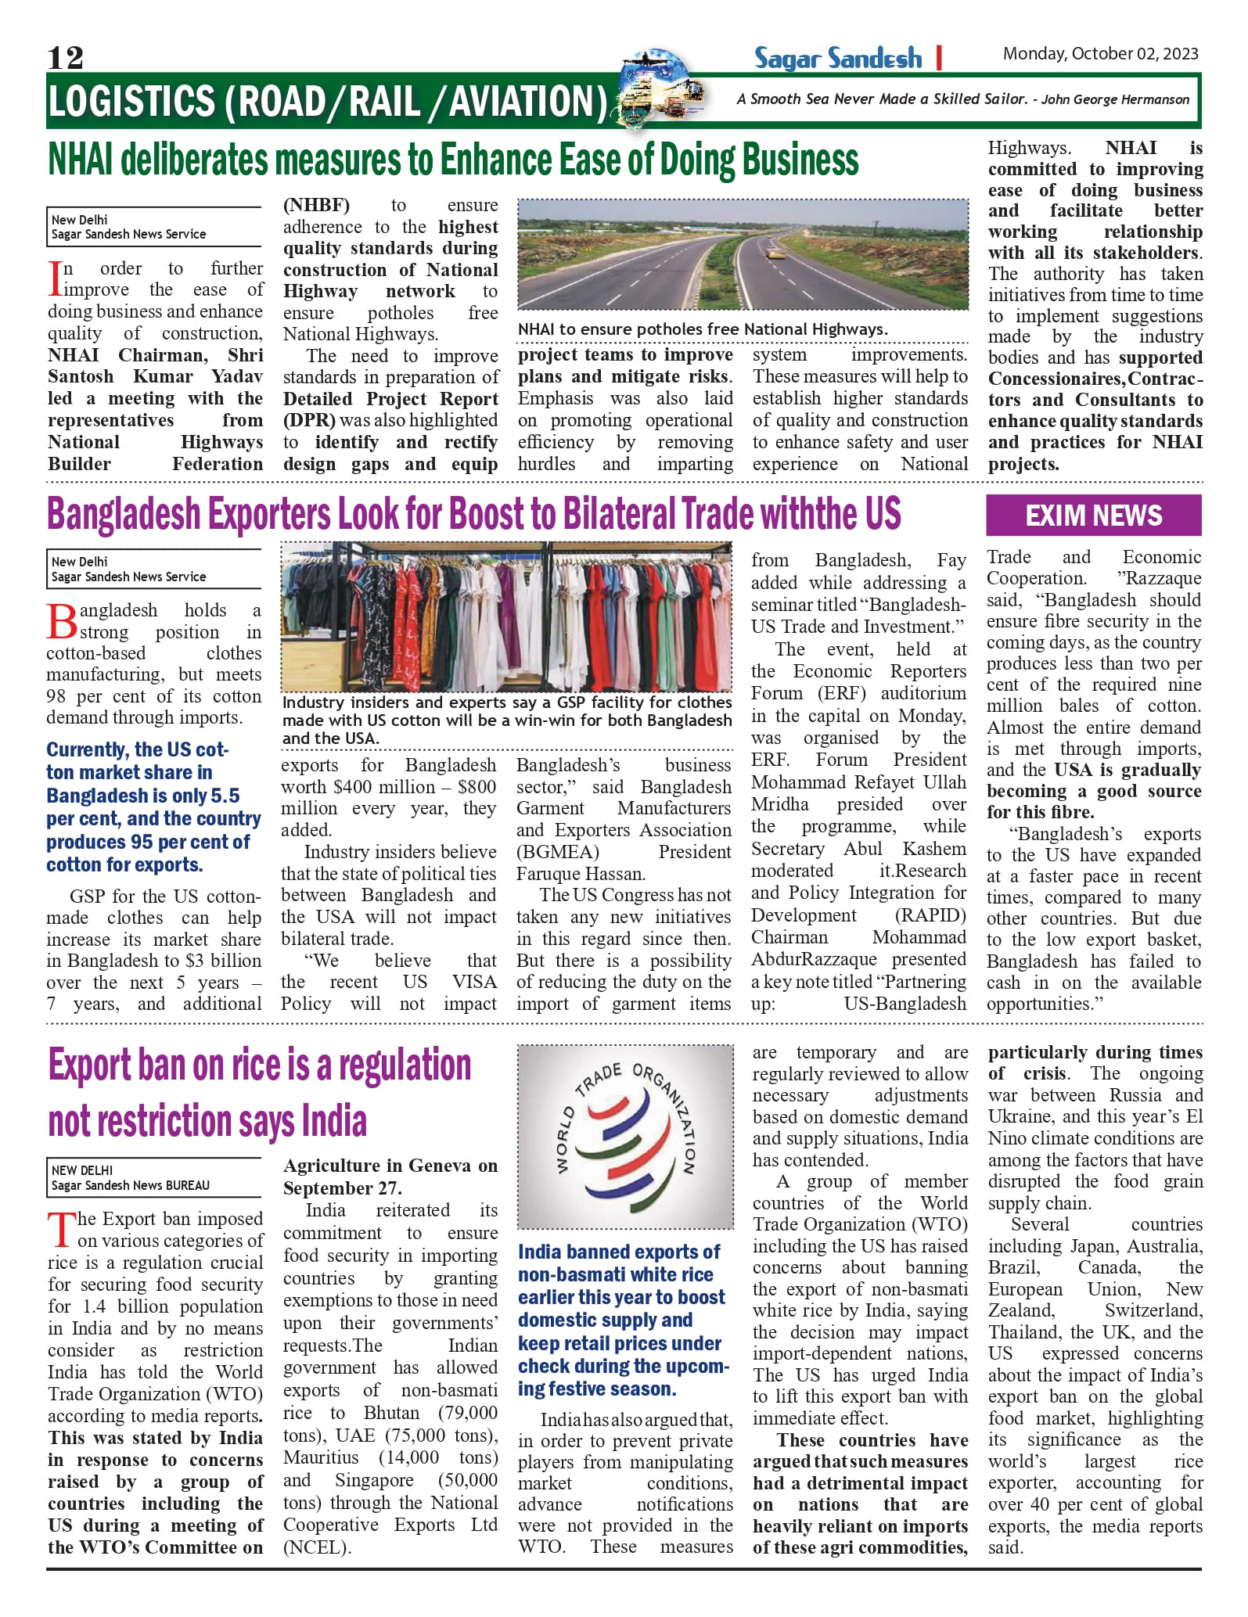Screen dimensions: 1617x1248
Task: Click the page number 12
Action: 65,57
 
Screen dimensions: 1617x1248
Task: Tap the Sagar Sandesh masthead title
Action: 837,58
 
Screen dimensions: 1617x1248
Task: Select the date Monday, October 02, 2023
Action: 1100,54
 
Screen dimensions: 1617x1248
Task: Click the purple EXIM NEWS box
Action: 1093,516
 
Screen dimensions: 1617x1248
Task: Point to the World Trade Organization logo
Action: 625,1136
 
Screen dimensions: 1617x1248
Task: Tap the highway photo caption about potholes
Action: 703,329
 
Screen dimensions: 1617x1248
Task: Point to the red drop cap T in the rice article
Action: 61,1230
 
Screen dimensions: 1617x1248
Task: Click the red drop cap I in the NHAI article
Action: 55,279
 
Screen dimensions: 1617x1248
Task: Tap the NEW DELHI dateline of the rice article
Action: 82,1170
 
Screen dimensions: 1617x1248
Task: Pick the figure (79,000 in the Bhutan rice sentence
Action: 467,1413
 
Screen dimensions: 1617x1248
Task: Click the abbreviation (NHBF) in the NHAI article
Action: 316,206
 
